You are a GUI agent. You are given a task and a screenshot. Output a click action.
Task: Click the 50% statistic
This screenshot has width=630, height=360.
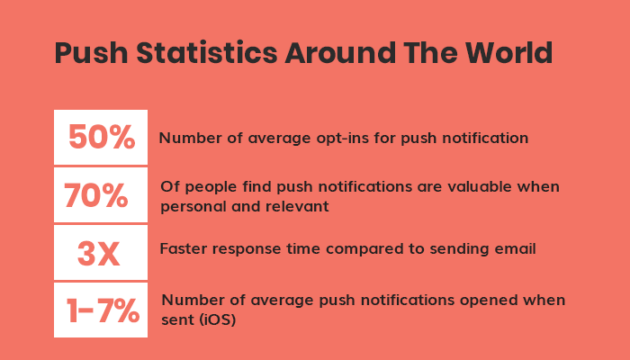click(101, 138)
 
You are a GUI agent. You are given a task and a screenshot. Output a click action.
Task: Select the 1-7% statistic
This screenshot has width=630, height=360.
click(102, 310)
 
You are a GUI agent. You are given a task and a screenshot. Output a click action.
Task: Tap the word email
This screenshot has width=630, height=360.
click(517, 249)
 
